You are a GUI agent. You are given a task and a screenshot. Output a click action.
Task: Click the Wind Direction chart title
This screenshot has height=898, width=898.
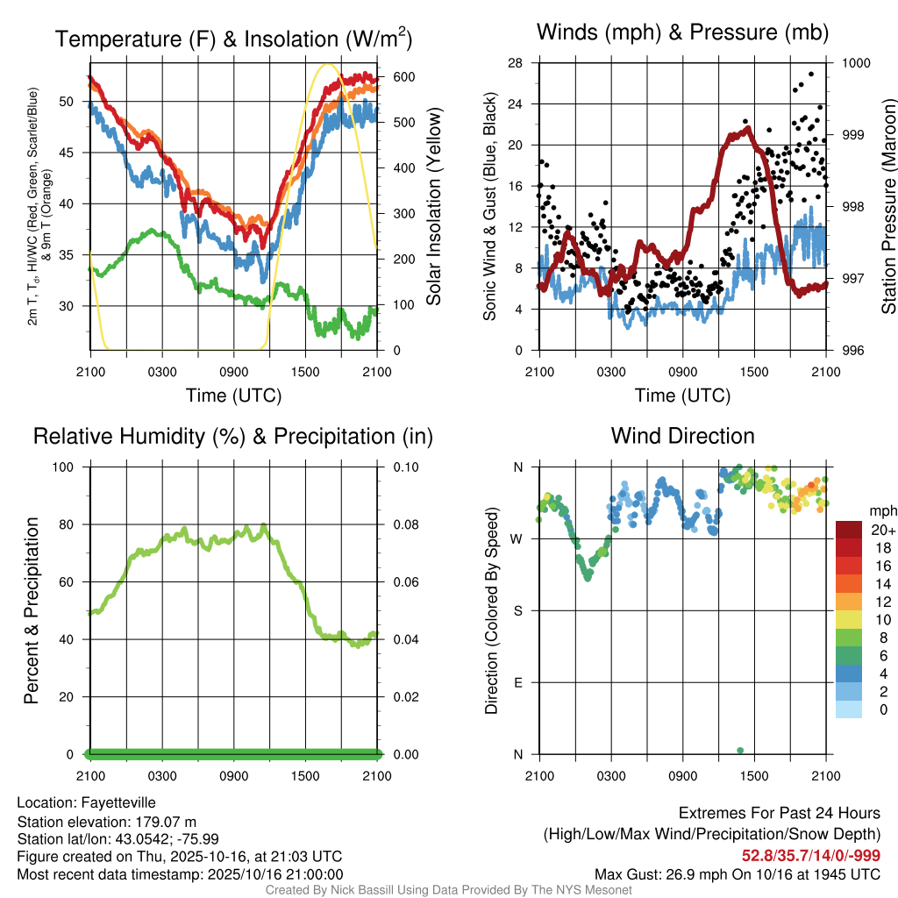pos(682,436)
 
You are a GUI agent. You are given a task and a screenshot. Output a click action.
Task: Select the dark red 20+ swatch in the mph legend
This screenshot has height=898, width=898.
pos(849,530)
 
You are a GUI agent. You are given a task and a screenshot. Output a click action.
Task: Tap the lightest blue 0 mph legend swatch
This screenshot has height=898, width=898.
pos(849,710)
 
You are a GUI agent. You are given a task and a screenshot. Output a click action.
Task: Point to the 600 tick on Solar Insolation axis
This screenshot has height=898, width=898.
pos(392,76)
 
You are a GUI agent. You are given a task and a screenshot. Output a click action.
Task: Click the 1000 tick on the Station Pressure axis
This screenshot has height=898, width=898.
pos(855,63)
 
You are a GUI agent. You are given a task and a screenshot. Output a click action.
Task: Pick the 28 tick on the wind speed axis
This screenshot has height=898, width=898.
pos(516,63)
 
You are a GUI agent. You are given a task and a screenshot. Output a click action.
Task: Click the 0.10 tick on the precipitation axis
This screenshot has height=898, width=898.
pos(394,467)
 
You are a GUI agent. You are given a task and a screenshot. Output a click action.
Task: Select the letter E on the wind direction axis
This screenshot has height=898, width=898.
pos(517,682)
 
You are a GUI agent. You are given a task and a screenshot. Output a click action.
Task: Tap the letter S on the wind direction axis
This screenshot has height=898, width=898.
pos(517,610)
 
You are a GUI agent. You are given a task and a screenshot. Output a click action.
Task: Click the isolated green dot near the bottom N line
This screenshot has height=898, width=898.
pos(740,750)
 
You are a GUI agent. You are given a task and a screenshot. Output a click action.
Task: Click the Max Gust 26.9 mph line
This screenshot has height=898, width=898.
pos(737,873)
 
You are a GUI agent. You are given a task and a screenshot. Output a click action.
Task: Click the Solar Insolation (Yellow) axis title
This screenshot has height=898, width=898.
pos(433,206)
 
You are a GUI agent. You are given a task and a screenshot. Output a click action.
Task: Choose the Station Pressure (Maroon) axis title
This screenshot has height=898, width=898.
pos(887,206)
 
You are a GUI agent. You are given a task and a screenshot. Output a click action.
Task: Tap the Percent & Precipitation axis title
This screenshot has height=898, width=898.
pos(31,609)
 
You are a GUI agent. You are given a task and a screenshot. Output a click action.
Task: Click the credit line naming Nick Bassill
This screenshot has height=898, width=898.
pos(448,890)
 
